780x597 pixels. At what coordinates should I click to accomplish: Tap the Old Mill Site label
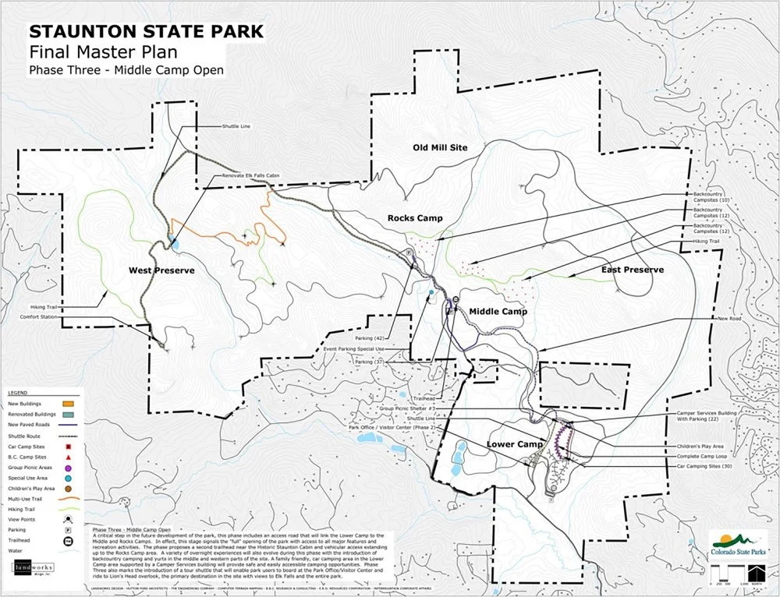(x=445, y=147)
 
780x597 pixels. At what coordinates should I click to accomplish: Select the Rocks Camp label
(x=415, y=218)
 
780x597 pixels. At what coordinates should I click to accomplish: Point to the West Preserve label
(x=161, y=270)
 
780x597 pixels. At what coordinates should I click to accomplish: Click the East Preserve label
(x=633, y=270)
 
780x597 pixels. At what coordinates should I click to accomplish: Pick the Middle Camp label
(x=498, y=312)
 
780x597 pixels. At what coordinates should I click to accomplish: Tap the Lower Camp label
(x=514, y=444)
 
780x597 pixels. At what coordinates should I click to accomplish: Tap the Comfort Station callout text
(x=40, y=316)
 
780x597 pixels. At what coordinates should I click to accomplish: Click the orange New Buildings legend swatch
(x=68, y=404)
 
